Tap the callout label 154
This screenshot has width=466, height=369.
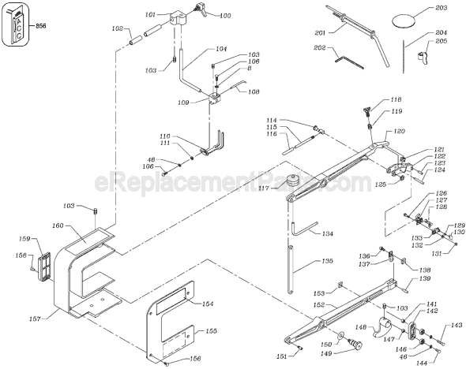click(208, 304)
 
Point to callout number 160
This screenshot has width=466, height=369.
click(58, 225)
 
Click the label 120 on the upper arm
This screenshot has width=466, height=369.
click(399, 131)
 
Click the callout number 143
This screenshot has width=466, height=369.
click(457, 326)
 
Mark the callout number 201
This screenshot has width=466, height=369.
click(321, 32)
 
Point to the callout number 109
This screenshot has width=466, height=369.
click(183, 102)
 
